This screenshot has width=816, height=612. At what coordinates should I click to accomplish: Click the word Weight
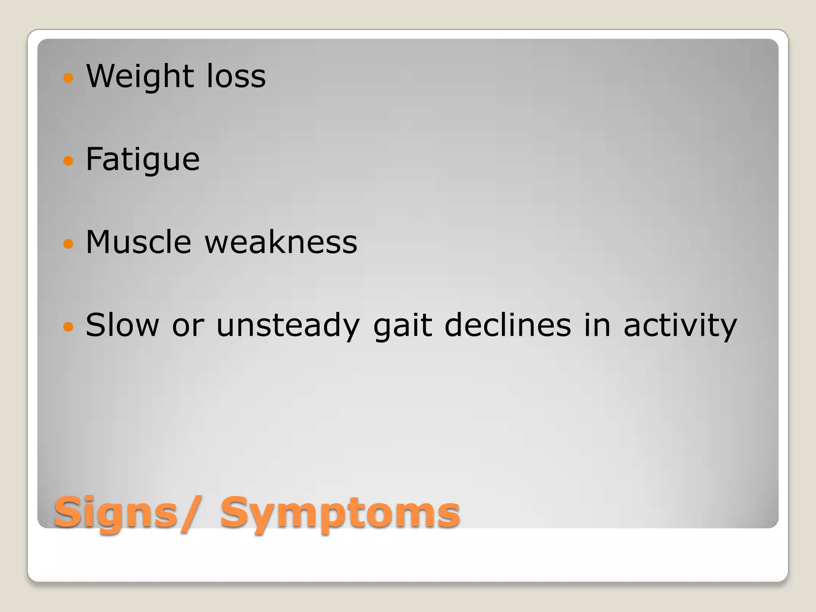[139, 76]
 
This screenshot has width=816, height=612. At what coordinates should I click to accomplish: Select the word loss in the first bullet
[236, 76]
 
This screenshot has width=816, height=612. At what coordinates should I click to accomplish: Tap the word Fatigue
[143, 160]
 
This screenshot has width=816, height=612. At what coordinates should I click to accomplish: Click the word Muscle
[138, 242]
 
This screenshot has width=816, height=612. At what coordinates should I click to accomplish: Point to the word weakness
[281, 242]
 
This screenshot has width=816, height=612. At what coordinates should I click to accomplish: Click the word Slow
[122, 325]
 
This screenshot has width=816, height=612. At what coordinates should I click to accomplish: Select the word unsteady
[288, 326]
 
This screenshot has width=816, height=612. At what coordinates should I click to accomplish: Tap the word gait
[402, 326]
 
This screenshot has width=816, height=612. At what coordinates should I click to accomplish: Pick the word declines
[508, 325]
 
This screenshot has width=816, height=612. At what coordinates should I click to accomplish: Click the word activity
[680, 326]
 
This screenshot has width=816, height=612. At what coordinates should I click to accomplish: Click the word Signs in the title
[116, 513]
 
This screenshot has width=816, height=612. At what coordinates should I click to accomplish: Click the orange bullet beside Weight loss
[69, 78]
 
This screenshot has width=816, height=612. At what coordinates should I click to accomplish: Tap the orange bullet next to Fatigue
[69, 161]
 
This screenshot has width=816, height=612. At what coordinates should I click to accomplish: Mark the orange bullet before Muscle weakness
[69, 243]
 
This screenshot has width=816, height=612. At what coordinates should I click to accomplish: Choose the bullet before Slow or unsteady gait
[69, 327]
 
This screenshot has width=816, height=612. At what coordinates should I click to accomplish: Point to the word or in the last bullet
[188, 326]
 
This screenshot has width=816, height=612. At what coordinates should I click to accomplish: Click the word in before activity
[597, 325]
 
